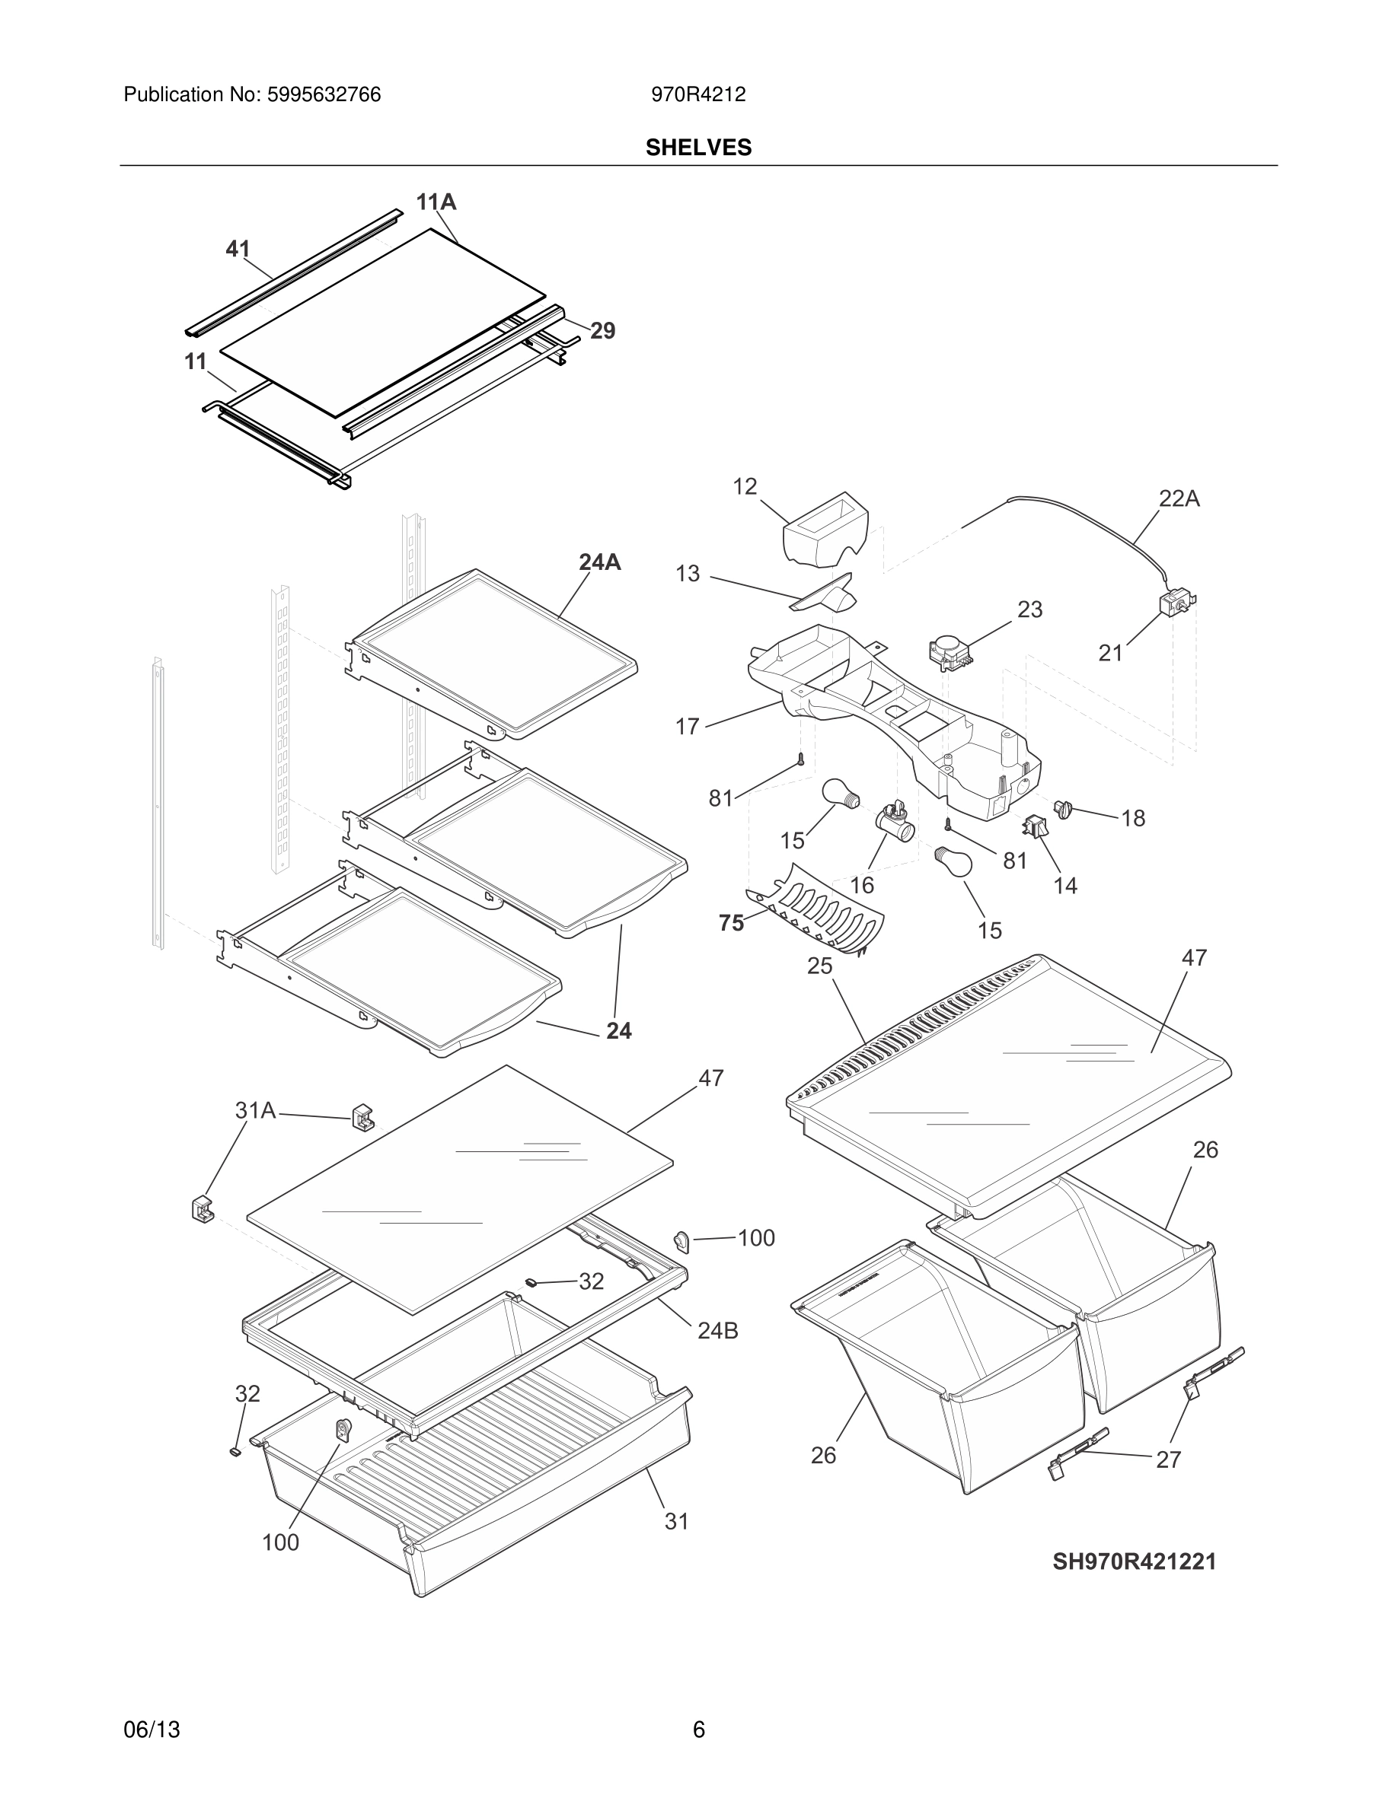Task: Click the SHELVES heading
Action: (698, 148)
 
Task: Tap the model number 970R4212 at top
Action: (698, 95)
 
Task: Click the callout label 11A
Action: (436, 202)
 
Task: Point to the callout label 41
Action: (238, 248)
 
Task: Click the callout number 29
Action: (602, 331)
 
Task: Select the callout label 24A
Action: (599, 562)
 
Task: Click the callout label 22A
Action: (1179, 498)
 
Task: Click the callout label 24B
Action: (717, 1330)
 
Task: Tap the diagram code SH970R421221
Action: (1134, 1561)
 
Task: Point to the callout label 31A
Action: (255, 1110)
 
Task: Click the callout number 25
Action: (819, 966)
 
